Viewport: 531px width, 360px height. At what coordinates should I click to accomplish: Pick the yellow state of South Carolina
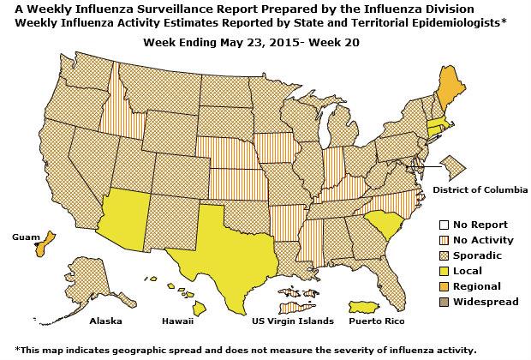382,224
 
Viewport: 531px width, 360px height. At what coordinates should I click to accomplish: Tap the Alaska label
106,321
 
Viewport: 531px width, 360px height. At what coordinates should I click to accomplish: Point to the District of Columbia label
480,189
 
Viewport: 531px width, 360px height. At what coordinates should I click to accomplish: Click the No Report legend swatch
444,225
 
